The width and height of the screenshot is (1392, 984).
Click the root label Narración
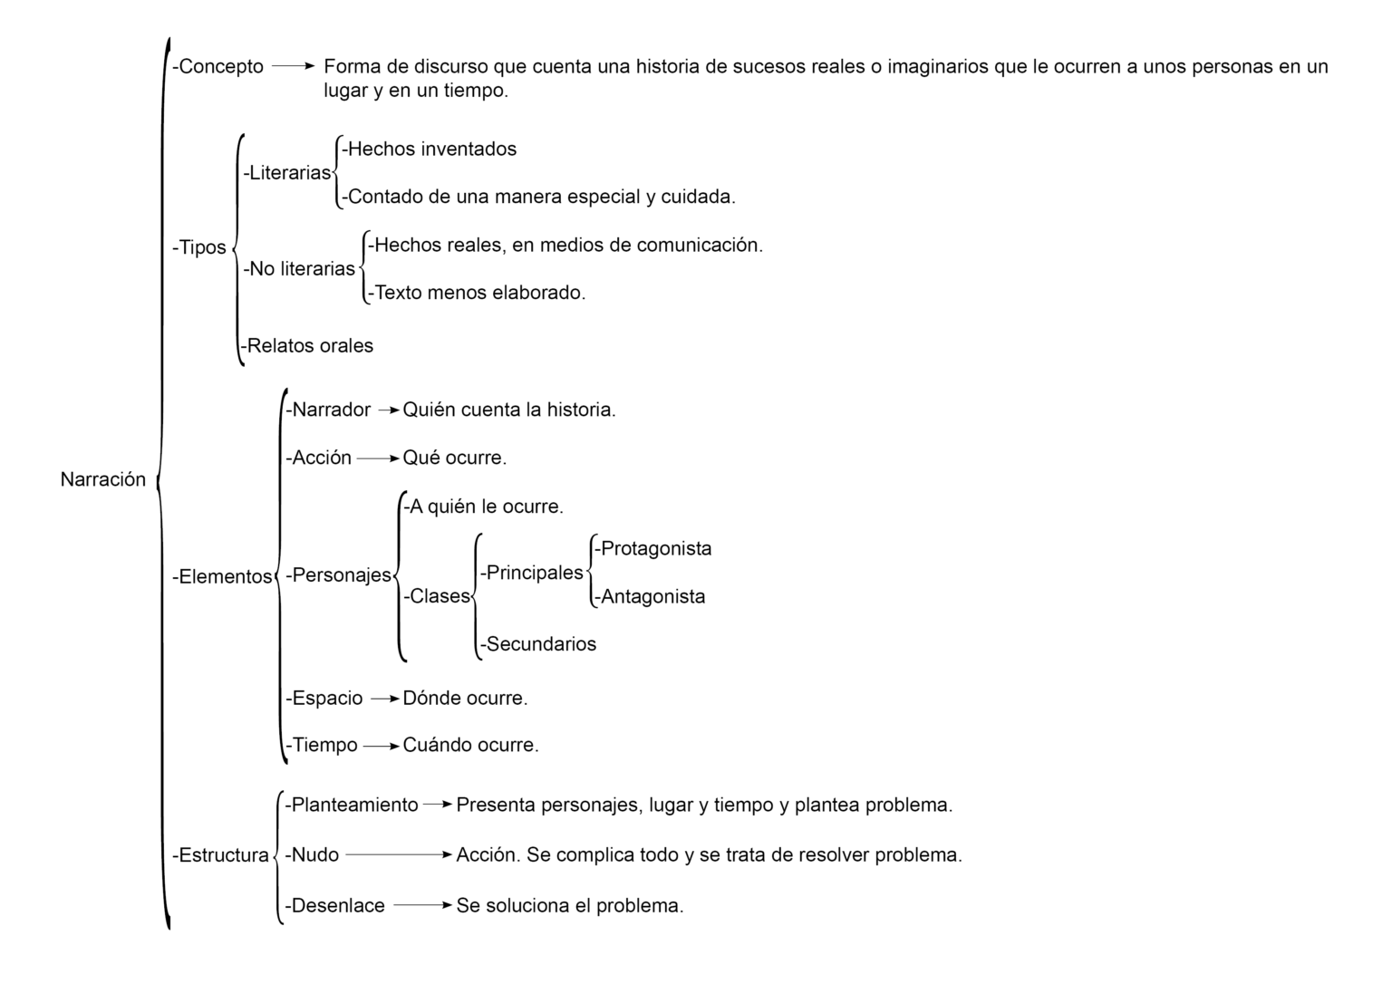102,479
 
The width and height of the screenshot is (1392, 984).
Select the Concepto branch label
218,66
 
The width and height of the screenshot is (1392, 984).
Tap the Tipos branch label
199,247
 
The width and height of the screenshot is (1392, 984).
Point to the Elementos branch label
222,576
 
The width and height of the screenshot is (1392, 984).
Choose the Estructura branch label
220,854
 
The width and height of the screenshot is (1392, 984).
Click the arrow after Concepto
293,66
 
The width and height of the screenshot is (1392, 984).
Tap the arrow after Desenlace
422,905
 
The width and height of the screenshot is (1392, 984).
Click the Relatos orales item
307,345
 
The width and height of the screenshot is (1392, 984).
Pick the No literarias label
299,268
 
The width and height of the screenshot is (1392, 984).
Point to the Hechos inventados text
430,149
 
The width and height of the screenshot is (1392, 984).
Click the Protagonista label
653,548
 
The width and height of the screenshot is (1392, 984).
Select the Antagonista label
650,596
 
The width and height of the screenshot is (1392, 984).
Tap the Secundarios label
538,644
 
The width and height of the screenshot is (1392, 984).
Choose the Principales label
532,573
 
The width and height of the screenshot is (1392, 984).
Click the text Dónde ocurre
465,698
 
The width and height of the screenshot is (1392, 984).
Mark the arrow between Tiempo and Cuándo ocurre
381,746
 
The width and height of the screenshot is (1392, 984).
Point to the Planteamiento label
352,805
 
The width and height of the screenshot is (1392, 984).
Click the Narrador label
328,410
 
